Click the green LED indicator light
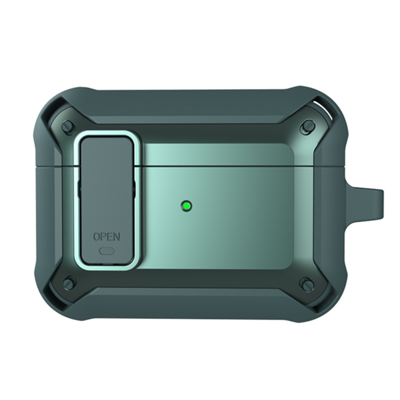[187, 206]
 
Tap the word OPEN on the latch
[106, 237]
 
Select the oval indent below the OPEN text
[107, 251]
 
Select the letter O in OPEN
[97, 237]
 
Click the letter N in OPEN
[117, 237]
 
